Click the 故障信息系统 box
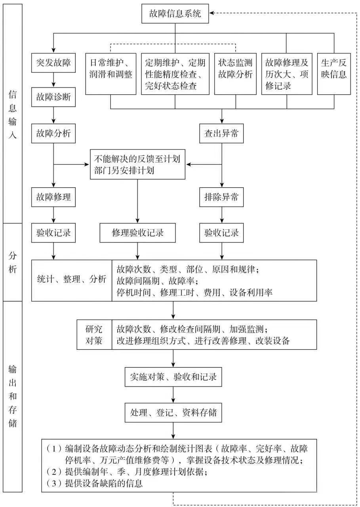(175, 13)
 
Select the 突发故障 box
(53, 63)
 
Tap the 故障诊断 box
(53, 97)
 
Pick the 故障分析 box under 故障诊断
(53, 133)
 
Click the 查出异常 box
(221, 133)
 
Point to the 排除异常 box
(221, 197)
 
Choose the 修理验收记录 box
(137, 233)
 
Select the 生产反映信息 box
(334, 74)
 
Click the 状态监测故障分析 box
(235, 74)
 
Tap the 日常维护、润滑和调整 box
(110, 74)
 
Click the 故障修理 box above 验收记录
(53, 197)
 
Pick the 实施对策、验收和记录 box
(173, 377)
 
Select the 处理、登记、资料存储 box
(173, 412)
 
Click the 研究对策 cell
(94, 335)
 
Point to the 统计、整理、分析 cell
(72, 280)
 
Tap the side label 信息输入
(13, 114)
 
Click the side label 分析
(13, 262)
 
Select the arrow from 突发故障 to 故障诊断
(53, 80)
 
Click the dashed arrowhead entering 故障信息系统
(212, 13)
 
